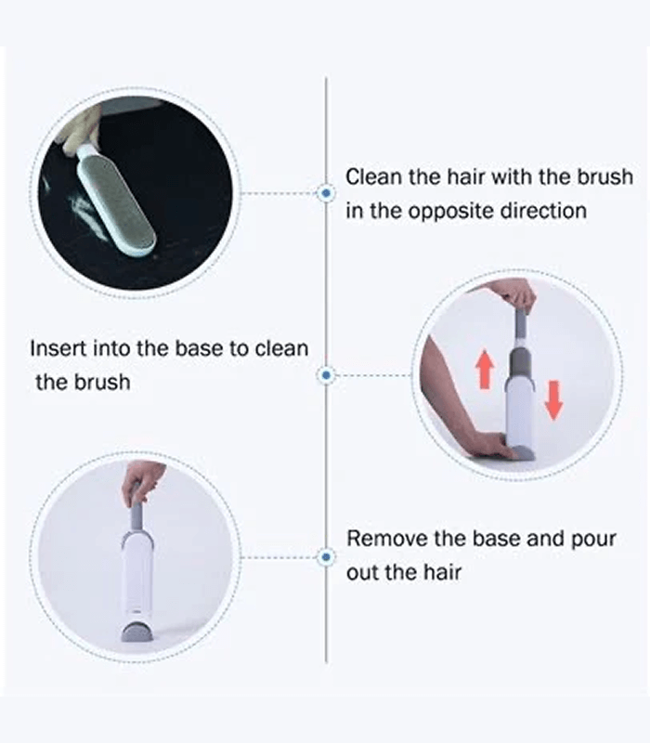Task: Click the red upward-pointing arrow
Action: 485,369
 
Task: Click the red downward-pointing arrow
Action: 553,400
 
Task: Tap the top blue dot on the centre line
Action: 326,193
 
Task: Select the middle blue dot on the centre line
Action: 326,375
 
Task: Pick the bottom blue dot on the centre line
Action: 326,556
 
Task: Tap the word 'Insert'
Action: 58,349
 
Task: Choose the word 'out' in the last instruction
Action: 362,573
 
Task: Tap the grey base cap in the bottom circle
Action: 136,632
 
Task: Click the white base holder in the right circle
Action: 519,411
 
